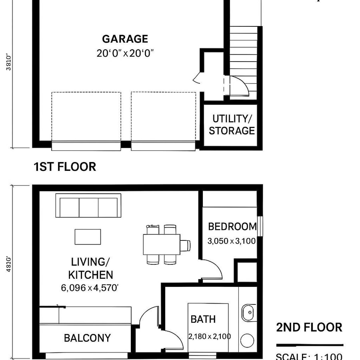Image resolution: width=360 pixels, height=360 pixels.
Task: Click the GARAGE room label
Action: (125, 39)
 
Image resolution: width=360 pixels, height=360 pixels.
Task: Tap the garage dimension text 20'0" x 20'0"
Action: (125, 53)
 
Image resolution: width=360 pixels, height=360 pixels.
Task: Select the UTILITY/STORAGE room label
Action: (232, 125)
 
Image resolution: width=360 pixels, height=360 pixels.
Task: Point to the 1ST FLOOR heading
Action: (64, 167)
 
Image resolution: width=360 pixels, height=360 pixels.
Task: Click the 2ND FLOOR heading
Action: (309, 328)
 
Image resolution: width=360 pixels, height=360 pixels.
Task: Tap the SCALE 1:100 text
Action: (309, 356)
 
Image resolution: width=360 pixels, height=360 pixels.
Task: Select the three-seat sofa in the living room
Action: (88, 206)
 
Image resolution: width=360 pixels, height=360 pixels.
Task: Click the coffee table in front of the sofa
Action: (88, 236)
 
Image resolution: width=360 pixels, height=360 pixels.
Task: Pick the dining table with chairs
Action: (162, 244)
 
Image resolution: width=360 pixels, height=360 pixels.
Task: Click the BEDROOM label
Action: (232, 227)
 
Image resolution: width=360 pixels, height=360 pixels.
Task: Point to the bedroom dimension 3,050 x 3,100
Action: (231, 241)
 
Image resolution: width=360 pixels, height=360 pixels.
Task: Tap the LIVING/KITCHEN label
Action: (90, 268)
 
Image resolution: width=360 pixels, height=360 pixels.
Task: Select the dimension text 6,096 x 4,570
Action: (90, 287)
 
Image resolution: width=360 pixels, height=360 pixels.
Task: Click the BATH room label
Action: (203, 319)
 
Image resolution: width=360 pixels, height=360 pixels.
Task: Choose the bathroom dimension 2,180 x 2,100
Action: (210, 336)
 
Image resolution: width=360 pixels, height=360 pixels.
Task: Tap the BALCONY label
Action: (87, 338)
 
